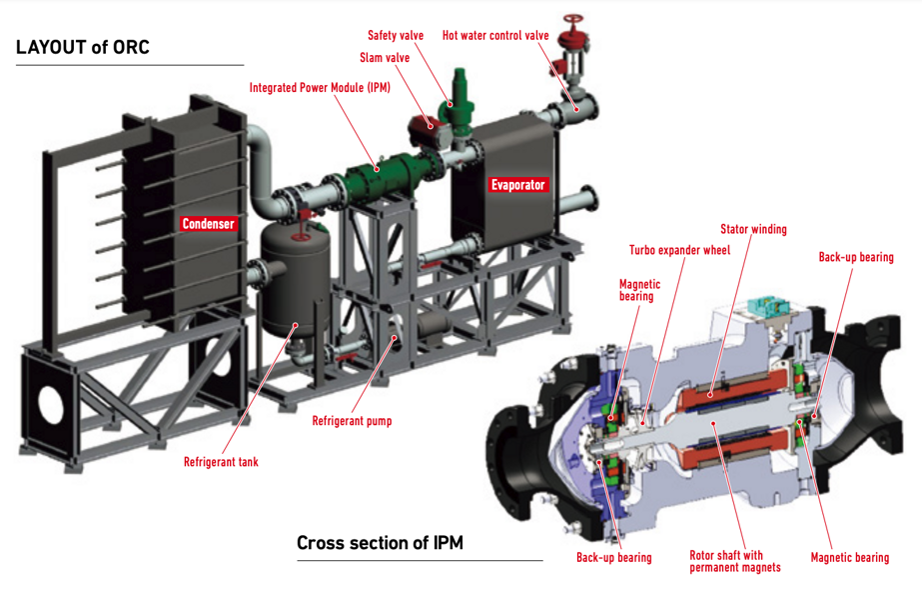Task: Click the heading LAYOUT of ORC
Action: pyautogui.click(x=83, y=47)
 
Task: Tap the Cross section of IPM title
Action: pyautogui.click(x=380, y=543)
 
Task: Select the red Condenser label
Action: pyautogui.click(x=208, y=224)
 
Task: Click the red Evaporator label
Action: pyautogui.click(x=517, y=184)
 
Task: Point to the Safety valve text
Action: pyautogui.click(x=396, y=35)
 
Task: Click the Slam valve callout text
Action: pyautogui.click(x=385, y=58)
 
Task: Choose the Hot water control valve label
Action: pyautogui.click(x=495, y=35)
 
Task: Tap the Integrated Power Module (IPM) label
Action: pyautogui.click(x=320, y=88)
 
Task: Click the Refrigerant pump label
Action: pyautogui.click(x=352, y=421)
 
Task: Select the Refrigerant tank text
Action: pyautogui.click(x=221, y=462)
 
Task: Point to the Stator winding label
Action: pyautogui.click(x=753, y=229)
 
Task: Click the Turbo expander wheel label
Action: pyautogui.click(x=680, y=250)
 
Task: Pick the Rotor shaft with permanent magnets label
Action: pyautogui.click(x=734, y=561)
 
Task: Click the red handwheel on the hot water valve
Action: pyautogui.click(x=571, y=21)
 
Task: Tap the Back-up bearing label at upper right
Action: pyautogui.click(x=856, y=257)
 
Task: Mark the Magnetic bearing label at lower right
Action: pyautogui.click(x=849, y=557)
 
